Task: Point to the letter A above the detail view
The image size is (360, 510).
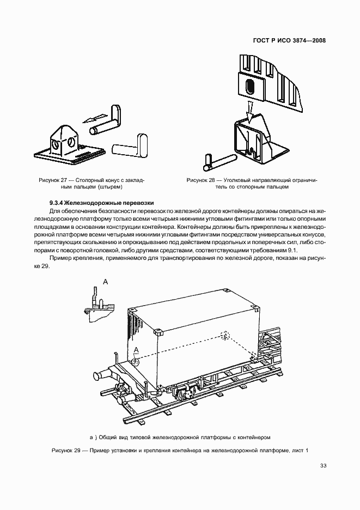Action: tap(105, 281)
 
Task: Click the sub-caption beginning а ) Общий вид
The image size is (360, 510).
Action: tap(180, 436)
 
